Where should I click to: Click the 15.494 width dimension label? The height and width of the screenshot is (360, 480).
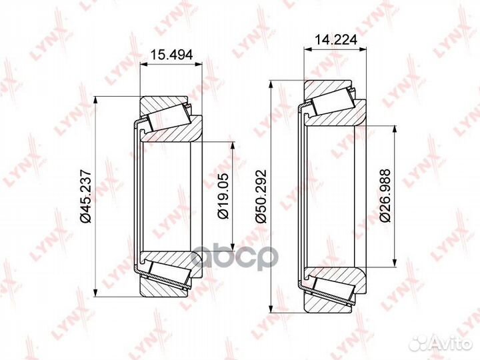(172, 55)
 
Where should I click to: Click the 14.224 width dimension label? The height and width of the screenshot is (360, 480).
(336, 40)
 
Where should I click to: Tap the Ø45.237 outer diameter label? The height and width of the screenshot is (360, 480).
(85, 195)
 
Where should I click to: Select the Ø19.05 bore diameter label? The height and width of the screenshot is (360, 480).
(223, 196)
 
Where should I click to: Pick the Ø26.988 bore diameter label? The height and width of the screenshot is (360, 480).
(385, 195)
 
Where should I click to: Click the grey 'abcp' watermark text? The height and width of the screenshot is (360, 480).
(235, 257)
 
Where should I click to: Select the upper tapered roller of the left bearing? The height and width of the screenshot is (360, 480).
(169, 118)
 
